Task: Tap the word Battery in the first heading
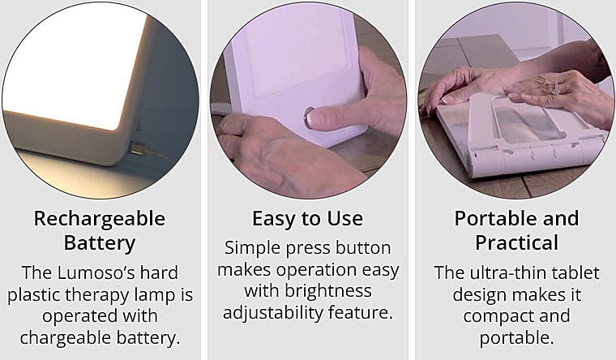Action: point(99,243)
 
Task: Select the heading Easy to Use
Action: point(307,219)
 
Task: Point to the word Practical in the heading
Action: point(516,243)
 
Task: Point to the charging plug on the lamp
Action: point(136,148)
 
